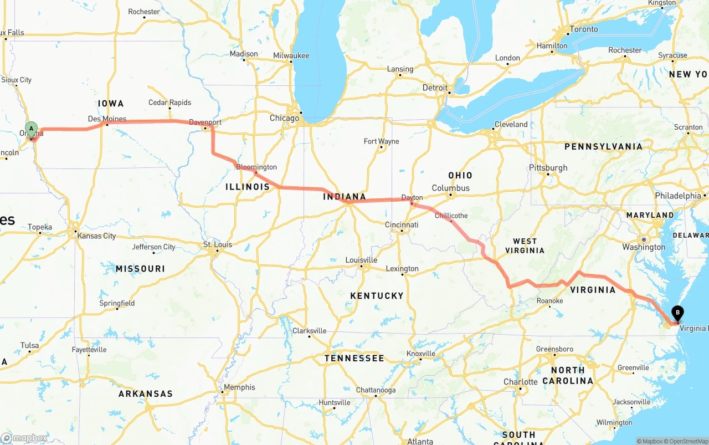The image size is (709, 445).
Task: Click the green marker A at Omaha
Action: [32, 129]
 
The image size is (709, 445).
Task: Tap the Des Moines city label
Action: [107, 119]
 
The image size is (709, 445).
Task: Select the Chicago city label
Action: [284, 118]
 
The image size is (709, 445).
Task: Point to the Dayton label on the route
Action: [412, 198]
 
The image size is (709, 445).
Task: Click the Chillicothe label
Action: [451, 216]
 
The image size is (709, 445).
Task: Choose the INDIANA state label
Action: [345, 197]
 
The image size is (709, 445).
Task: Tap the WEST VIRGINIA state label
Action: [525, 245]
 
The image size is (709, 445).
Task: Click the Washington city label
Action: [644, 247]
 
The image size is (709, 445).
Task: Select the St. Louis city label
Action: [218, 244]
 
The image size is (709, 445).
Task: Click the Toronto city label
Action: [584, 29]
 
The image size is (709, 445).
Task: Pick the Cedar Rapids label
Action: [169, 103]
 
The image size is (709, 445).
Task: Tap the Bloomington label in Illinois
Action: [256, 167]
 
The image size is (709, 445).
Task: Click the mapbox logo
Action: [24, 438]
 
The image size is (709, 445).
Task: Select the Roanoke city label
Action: [549, 301]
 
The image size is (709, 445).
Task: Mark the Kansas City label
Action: [97, 236]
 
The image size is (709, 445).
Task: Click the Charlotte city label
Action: [520, 382]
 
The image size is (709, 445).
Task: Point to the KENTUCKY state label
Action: [377, 296]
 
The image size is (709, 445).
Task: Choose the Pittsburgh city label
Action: [548, 168]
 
